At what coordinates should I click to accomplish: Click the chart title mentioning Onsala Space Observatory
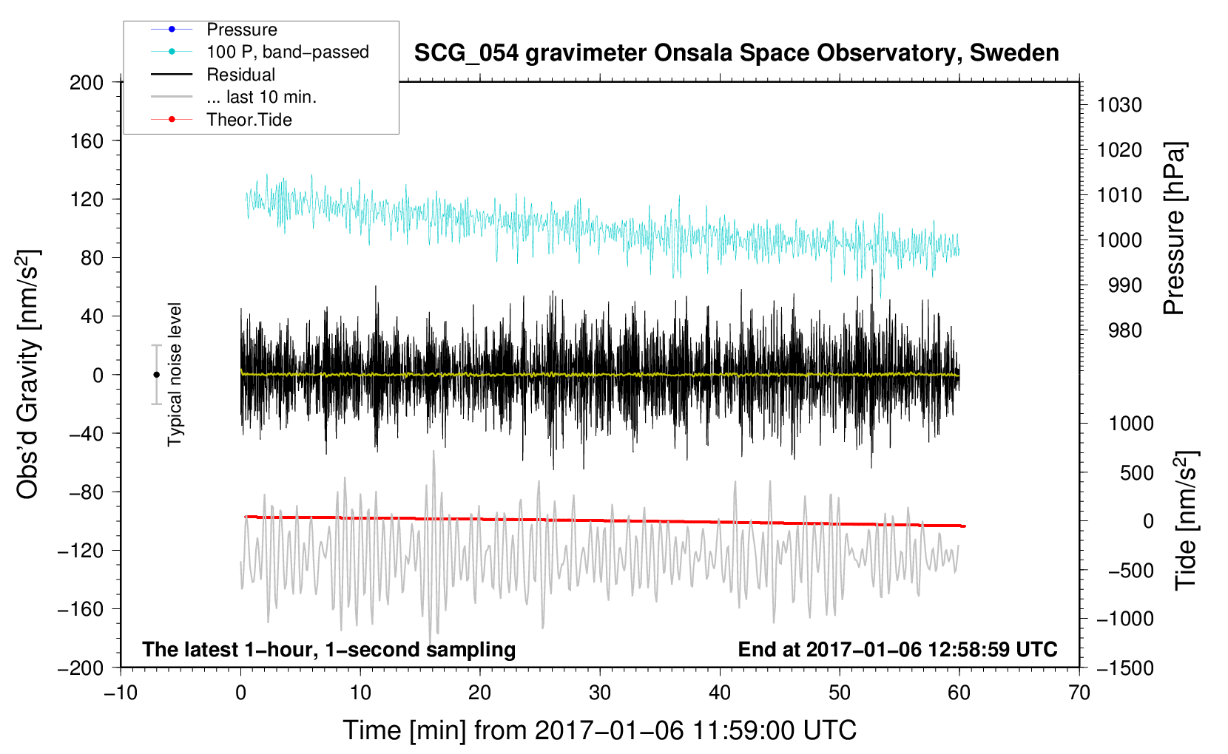[x=736, y=53]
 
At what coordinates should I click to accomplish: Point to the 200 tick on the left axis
[x=87, y=83]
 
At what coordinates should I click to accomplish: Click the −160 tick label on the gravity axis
[x=81, y=609]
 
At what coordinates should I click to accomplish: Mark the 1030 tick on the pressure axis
[x=1119, y=105]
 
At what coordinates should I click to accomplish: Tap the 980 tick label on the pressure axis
[x=1124, y=330]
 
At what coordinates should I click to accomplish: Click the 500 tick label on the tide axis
[x=1137, y=472]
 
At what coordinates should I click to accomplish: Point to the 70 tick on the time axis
[x=1079, y=693]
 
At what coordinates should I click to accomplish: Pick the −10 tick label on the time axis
[x=121, y=693]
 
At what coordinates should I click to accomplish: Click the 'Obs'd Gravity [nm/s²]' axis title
[x=28, y=374]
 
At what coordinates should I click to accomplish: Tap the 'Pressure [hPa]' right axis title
[x=1175, y=228]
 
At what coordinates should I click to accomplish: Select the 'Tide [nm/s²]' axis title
[x=1187, y=520]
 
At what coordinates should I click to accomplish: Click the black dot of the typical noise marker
[x=156, y=375]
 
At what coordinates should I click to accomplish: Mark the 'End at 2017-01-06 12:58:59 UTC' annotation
[x=897, y=649]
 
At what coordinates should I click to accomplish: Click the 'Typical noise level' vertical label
[x=175, y=375]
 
